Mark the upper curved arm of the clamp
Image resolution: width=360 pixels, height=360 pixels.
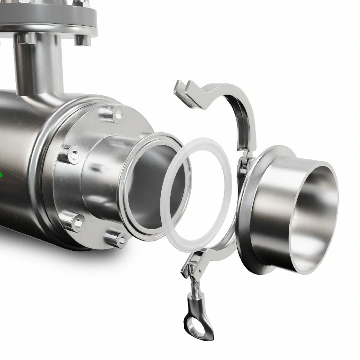click(234, 101)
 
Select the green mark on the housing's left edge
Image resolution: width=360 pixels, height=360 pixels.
click(1, 174)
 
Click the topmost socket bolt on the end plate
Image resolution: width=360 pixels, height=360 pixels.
click(112, 112)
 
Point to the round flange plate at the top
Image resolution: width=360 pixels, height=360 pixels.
click(47, 21)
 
